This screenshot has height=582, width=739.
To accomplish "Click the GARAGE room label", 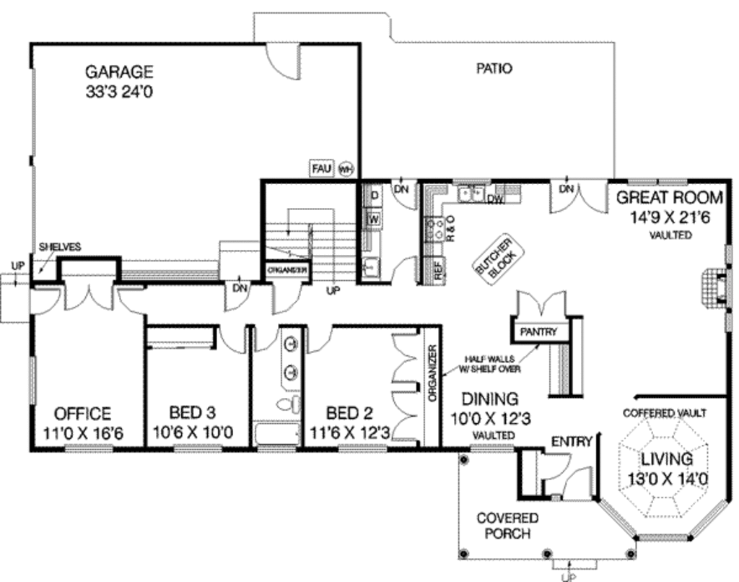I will click(119, 71).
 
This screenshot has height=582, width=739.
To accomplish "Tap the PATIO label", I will click(494, 69).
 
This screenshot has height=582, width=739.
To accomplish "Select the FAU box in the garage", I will click(321, 168).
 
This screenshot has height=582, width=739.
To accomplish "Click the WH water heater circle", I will click(345, 169).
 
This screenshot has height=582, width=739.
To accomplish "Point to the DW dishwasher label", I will click(495, 199).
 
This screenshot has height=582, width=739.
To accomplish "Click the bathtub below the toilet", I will click(277, 435).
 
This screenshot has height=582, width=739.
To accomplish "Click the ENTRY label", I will click(572, 441).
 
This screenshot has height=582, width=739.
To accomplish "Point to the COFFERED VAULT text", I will click(665, 413).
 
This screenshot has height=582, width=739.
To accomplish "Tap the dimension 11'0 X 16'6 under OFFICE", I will click(84, 434).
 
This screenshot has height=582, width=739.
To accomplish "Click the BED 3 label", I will click(192, 414).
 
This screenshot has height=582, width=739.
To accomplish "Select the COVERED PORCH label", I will click(507, 526).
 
